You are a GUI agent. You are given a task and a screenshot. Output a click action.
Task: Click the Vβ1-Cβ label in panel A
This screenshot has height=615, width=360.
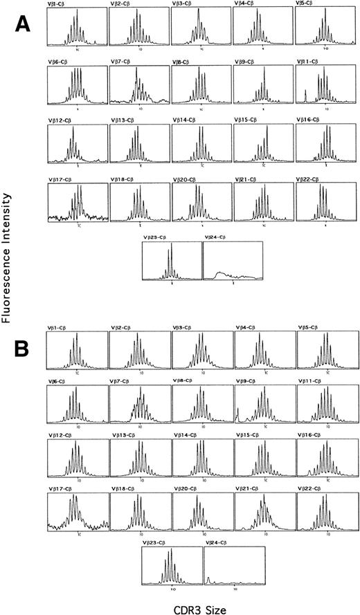(x=58, y=4)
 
